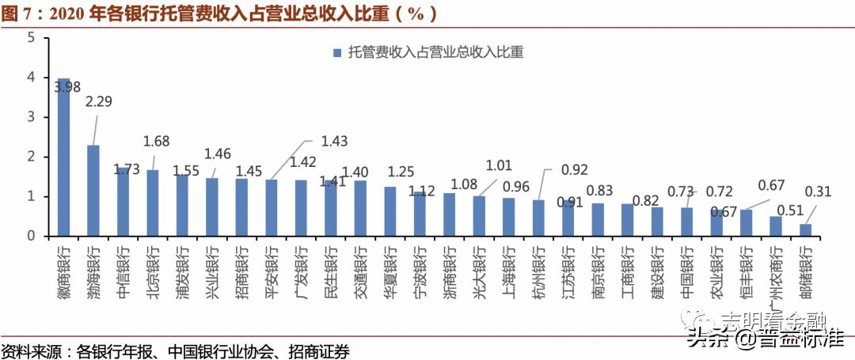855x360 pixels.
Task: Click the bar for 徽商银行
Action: click(x=63, y=157)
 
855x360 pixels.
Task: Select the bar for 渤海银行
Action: click(x=93, y=191)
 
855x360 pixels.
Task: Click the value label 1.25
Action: click(x=401, y=172)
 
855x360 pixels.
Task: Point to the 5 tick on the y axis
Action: click(x=30, y=37)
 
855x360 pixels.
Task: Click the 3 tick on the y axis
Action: click(x=30, y=117)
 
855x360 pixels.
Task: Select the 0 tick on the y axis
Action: click(x=30, y=236)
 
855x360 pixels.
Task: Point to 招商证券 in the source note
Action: click(x=320, y=351)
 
